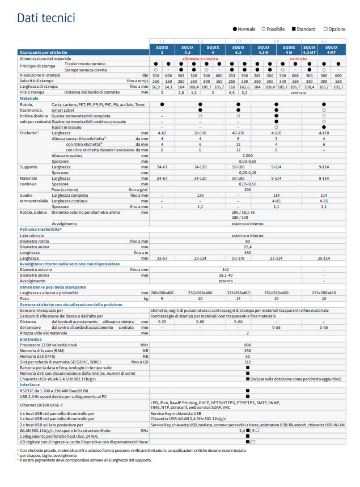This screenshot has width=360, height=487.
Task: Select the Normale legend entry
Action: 244,28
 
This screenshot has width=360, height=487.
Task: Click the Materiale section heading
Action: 29,99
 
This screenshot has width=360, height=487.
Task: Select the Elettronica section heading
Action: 31,339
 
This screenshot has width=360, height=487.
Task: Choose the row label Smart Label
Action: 63,110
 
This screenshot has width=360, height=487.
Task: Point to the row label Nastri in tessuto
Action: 66,127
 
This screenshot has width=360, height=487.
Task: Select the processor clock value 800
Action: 247,345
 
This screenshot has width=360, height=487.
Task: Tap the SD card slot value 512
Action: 247,362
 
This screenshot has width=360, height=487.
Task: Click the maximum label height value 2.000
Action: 247,155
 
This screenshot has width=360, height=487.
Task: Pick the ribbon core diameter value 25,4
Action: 247,247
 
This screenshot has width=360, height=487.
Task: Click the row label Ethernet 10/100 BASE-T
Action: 46,405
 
